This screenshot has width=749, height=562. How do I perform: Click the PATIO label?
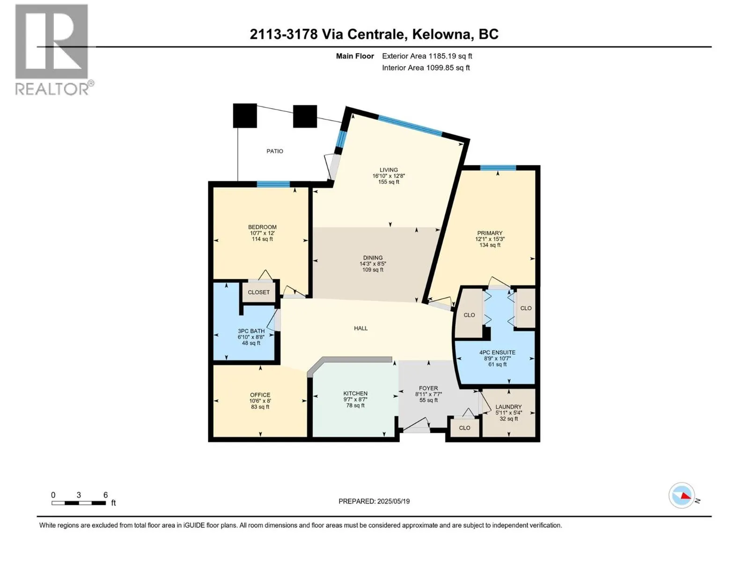point(275,151)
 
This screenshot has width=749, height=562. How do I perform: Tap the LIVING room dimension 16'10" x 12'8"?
point(389,176)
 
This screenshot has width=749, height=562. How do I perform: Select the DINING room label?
point(373,258)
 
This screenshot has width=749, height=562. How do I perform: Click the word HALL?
point(360,328)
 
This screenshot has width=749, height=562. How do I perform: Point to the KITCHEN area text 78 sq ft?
point(355,406)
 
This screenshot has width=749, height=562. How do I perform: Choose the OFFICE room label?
point(260,395)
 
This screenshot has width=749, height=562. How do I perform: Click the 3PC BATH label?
point(251,331)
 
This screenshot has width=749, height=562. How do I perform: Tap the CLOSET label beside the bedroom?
point(258,292)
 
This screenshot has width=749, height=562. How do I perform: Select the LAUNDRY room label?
point(508,407)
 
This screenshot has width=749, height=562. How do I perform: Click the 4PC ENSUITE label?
point(497,353)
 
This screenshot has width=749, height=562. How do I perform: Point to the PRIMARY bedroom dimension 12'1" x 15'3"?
point(490,239)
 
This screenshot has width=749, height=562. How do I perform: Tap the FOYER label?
point(428,388)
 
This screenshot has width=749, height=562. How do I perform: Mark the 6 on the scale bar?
point(105,495)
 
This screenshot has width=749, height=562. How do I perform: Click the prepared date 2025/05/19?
point(393,501)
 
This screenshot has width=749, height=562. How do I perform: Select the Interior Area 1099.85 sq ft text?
point(426,68)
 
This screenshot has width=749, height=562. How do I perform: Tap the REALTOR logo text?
point(52,89)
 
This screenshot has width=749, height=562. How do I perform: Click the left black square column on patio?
point(245,116)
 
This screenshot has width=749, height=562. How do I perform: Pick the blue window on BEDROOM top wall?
point(273,184)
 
